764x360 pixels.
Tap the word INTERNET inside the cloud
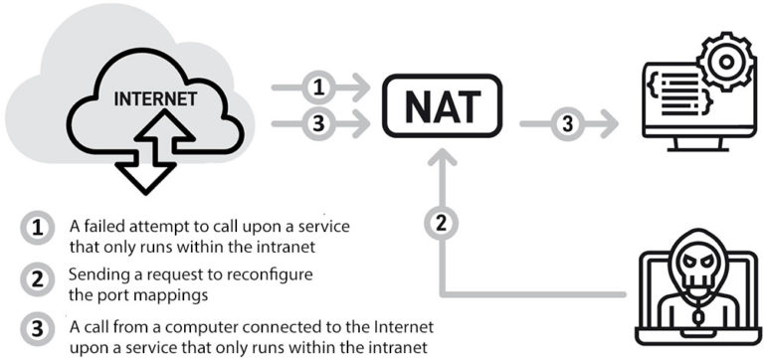[154, 100]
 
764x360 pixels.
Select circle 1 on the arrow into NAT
[319, 89]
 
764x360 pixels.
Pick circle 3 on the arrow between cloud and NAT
[319, 124]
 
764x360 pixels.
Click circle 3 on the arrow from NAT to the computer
[566, 124]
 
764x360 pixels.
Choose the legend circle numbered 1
[37, 227]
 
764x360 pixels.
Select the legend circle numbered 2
[37, 279]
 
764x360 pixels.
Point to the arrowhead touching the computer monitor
[608, 124]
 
